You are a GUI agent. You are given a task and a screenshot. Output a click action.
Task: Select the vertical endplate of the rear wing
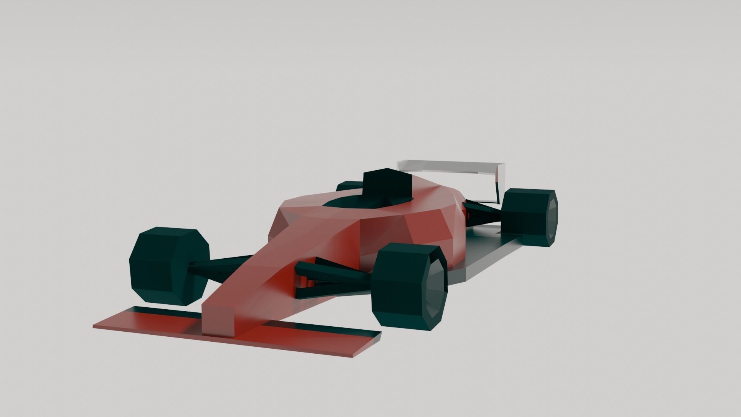pos(499,181)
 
